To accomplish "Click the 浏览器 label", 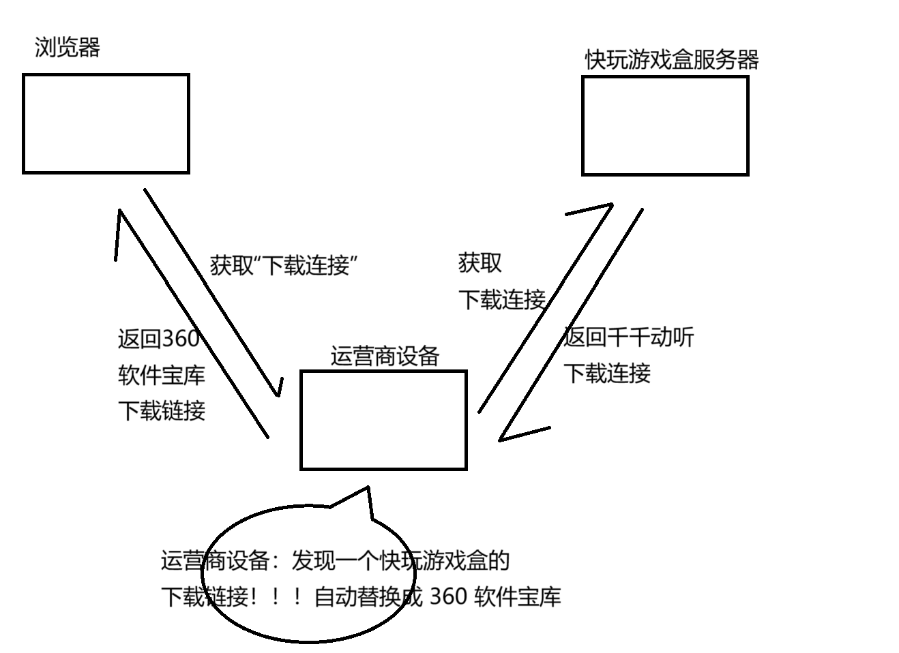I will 68,48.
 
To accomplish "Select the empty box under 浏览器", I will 106,124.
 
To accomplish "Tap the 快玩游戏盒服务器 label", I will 672,60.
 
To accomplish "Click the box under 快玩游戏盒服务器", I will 665,126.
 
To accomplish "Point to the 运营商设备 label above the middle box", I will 385,356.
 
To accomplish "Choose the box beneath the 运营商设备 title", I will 383,420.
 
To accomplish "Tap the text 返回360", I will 158,339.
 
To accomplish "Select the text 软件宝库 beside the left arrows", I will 162,375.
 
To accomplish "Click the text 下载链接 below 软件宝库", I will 162,411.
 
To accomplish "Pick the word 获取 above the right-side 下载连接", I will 480,263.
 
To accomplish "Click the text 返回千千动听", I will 628,337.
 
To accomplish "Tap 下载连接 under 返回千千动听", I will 607,374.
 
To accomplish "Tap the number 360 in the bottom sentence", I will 449,597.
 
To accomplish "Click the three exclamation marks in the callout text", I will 276,598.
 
